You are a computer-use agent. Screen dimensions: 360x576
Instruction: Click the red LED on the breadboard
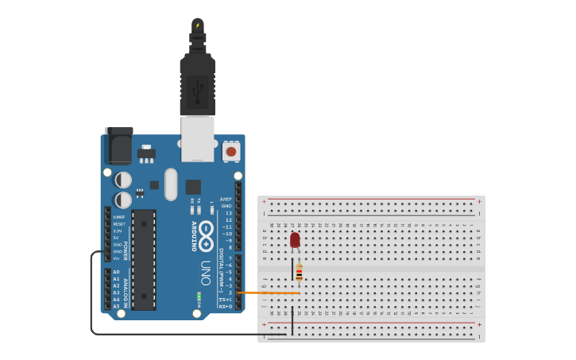click(x=295, y=239)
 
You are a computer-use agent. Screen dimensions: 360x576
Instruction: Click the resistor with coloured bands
click(x=299, y=273)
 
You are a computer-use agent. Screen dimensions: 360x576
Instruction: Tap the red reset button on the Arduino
click(x=231, y=151)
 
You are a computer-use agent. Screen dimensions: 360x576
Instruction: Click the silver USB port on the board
click(x=197, y=138)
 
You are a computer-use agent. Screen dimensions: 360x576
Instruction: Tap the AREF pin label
click(x=226, y=199)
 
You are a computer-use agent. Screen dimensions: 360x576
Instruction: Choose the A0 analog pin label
click(x=116, y=272)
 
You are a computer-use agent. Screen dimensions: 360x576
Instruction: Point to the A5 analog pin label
click(x=116, y=306)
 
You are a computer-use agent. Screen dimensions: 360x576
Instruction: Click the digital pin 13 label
click(x=229, y=213)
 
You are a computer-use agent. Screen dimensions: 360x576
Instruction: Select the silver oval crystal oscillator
click(x=171, y=184)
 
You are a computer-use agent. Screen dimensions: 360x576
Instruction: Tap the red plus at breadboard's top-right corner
click(x=479, y=201)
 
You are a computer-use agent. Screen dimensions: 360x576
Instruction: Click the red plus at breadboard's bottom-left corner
click(x=264, y=324)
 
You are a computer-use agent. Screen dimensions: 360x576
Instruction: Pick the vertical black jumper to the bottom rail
click(x=292, y=318)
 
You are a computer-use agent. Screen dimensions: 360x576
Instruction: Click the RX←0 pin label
click(x=226, y=306)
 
